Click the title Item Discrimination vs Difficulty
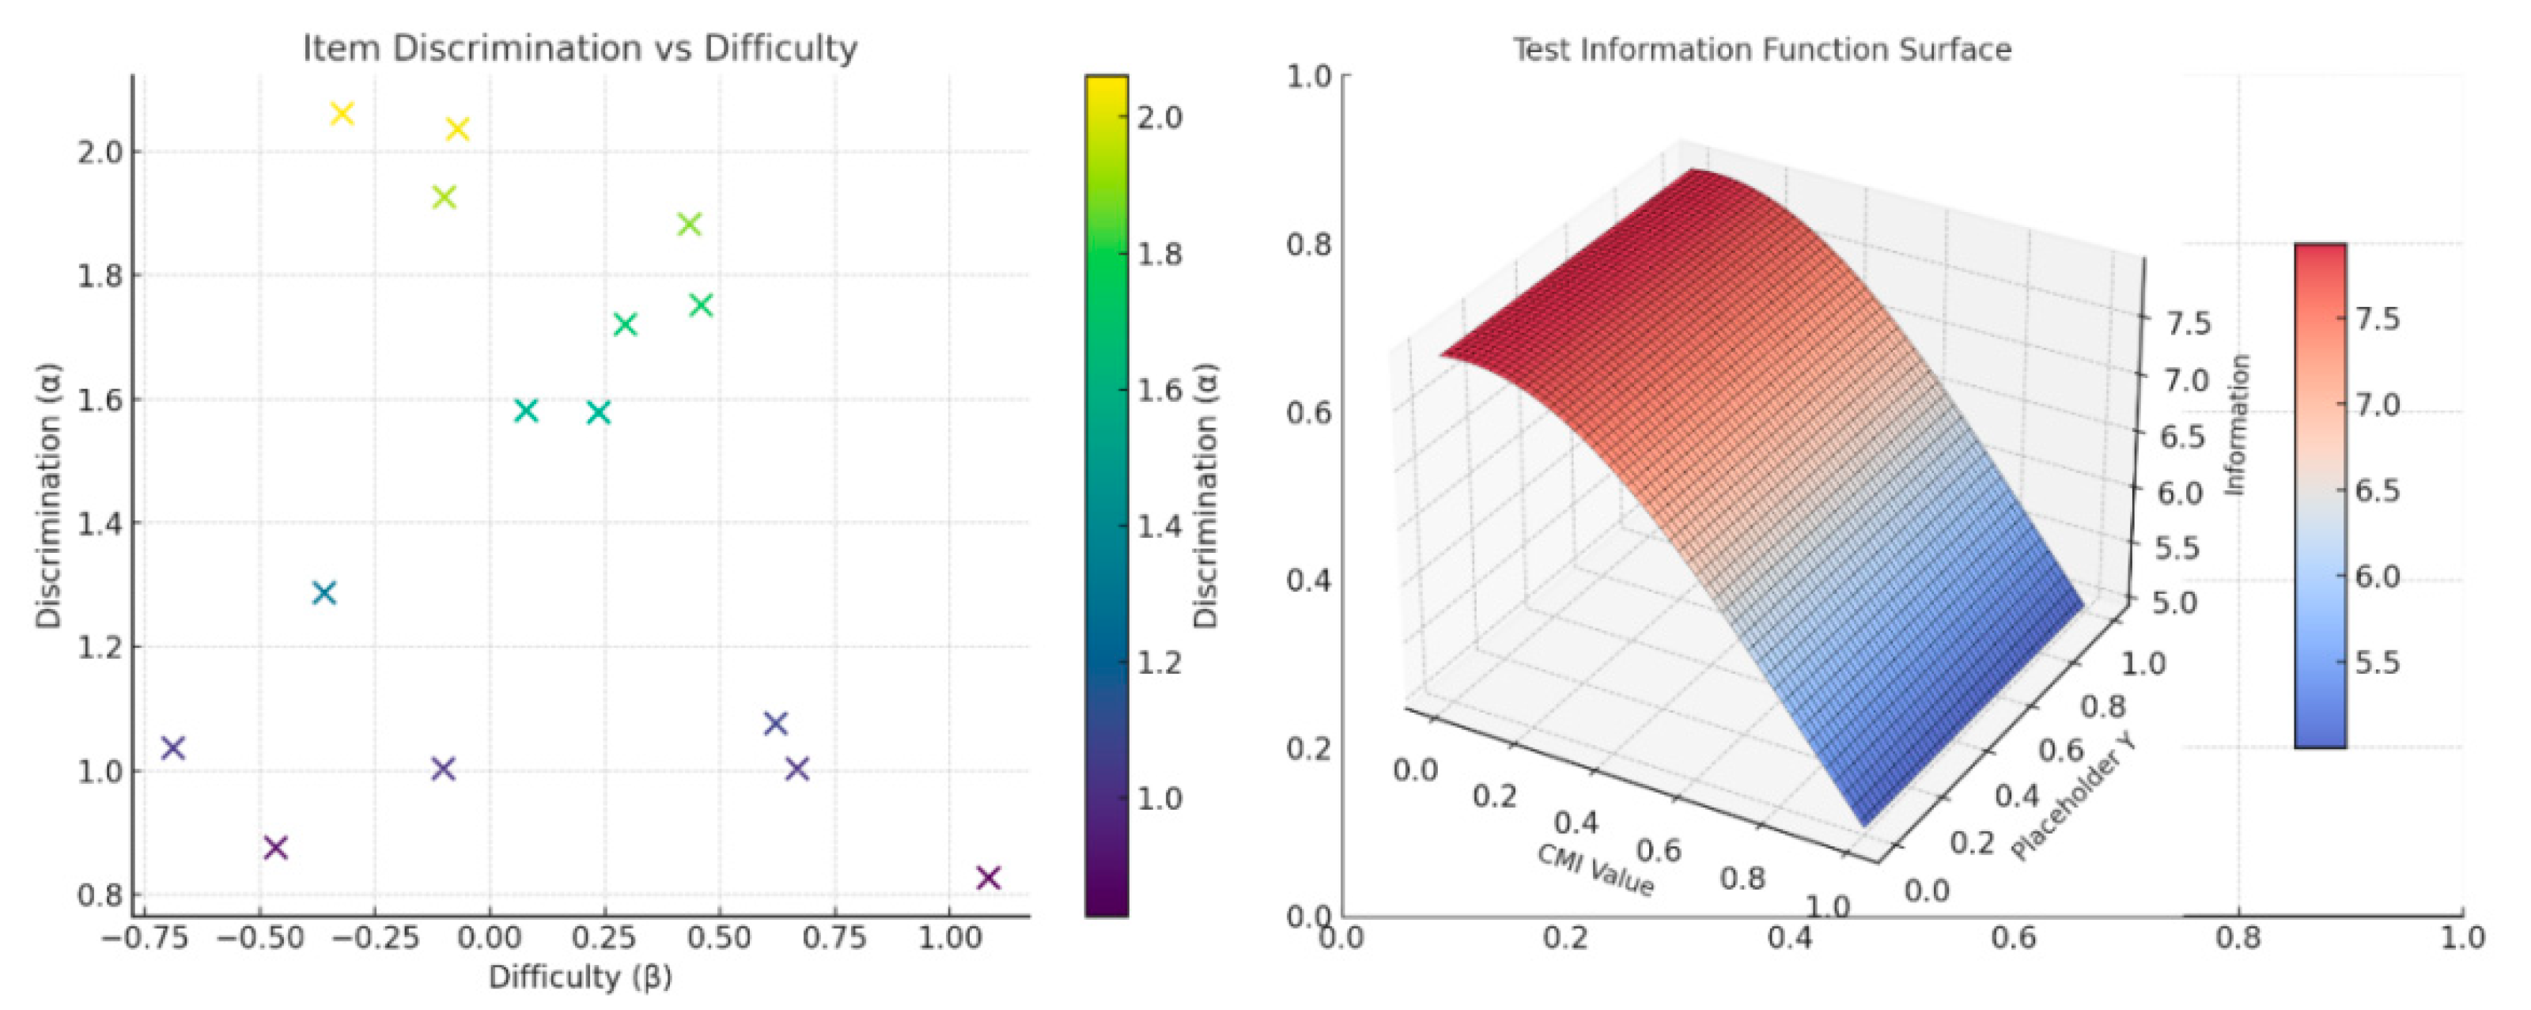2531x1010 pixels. pos(580,48)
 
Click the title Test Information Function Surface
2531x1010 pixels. pos(1761,49)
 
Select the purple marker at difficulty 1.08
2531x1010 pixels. pos(989,877)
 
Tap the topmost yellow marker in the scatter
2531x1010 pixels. pos(342,114)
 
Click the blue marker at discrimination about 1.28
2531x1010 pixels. pos(324,592)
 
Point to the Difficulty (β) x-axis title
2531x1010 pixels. pos(580,977)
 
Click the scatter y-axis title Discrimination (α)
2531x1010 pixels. pos(49,496)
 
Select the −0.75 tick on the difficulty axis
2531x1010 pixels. pos(145,937)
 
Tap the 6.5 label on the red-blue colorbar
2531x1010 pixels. pos(2378,490)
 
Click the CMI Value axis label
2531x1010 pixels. pos(1595,869)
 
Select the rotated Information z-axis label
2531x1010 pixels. pos(2236,425)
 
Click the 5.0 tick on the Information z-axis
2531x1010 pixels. pos(2174,601)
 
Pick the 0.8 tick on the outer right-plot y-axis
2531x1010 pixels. pos(1309,244)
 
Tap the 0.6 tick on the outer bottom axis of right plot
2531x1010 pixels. pos(2015,937)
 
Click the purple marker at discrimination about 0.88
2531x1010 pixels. pos(276,847)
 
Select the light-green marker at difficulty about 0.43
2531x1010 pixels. pos(690,224)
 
